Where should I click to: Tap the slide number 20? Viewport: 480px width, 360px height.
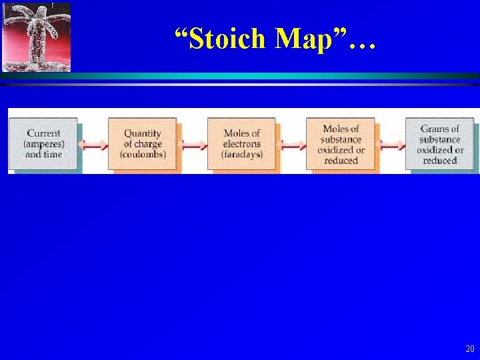coord(469,349)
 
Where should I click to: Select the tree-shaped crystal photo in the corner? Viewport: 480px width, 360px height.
coord(36,37)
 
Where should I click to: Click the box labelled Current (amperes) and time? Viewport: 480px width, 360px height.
coord(43,143)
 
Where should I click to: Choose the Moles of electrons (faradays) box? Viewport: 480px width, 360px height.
coord(242,143)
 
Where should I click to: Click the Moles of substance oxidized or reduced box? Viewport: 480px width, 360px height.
coord(341,144)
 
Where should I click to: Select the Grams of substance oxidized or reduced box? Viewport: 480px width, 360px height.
coord(439,144)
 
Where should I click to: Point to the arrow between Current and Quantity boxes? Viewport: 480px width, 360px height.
coord(93,144)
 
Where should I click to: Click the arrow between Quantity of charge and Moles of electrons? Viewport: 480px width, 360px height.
coord(193,144)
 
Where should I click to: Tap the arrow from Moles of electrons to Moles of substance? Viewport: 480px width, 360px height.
coord(291,144)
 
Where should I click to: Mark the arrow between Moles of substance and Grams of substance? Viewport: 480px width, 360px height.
coord(391,144)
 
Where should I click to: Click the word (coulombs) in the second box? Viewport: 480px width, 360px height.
coord(143,155)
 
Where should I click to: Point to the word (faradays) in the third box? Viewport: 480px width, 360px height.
coord(242,155)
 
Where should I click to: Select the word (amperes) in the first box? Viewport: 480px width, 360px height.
coord(43,144)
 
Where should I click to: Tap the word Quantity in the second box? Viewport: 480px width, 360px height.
coord(143,133)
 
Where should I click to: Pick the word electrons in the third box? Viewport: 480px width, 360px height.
coord(242,144)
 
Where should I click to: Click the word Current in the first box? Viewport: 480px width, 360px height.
coord(43,133)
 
